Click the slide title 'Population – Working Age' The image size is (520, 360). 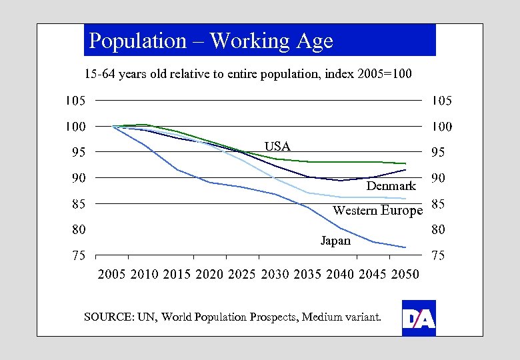click(211, 41)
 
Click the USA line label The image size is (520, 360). click(277, 146)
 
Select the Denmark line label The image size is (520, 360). click(391, 186)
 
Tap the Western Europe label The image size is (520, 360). click(377, 211)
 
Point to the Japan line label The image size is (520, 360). click(335, 241)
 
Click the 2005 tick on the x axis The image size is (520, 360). click(112, 274)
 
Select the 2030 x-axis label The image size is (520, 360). click(275, 274)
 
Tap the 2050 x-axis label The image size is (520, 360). click(405, 274)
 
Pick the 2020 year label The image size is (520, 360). click(210, 274)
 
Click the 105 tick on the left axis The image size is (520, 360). click(74, 101)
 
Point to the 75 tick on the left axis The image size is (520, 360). click(78, 255)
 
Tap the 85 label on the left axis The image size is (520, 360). click(78, 204)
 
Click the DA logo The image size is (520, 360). click(419, 319)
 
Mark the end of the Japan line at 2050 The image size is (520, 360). click(405, 247)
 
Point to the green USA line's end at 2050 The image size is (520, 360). click(405, 163)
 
